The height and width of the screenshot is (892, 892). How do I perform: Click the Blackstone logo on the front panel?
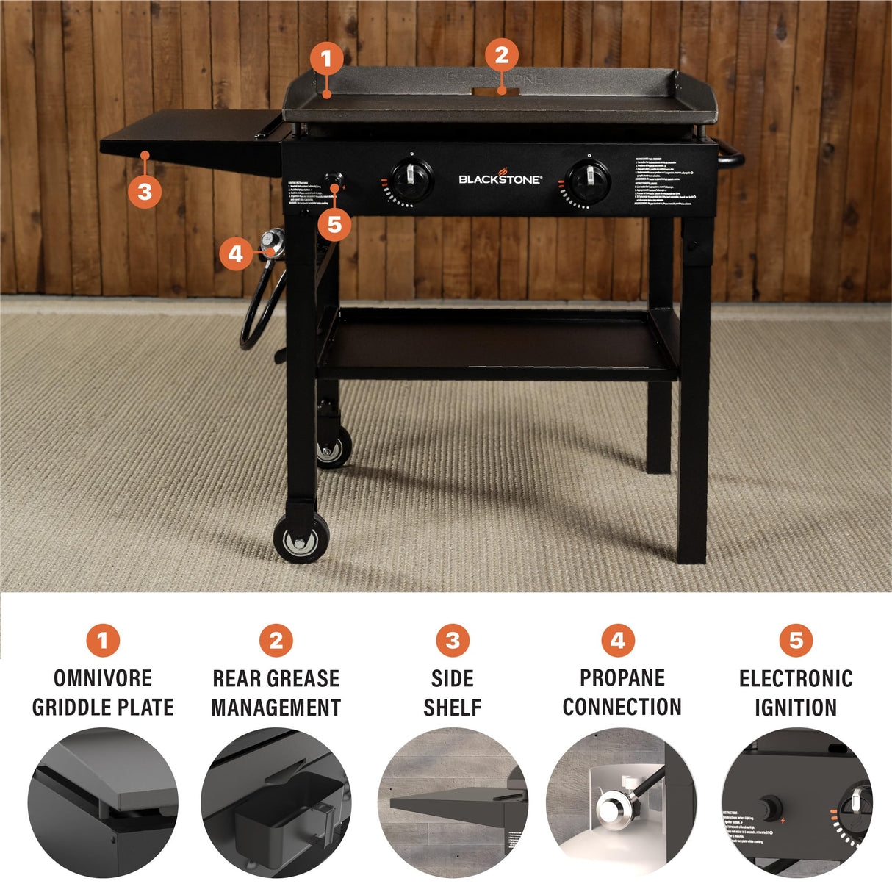500,178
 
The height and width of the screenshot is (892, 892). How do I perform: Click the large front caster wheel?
301,539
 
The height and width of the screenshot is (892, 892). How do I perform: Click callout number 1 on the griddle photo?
327,58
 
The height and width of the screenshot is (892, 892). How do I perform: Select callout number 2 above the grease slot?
502,54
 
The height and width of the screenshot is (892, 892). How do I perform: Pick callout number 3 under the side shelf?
145,192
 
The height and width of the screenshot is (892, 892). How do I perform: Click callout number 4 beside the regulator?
235,254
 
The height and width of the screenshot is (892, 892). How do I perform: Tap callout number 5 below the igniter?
334,224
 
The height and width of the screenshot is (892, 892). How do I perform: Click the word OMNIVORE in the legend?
103,677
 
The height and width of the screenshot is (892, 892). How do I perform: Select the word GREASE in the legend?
303,677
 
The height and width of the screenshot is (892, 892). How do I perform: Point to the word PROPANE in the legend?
622,677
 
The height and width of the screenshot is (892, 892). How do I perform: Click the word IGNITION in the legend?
796,708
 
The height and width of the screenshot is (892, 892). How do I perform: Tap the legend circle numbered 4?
618,641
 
